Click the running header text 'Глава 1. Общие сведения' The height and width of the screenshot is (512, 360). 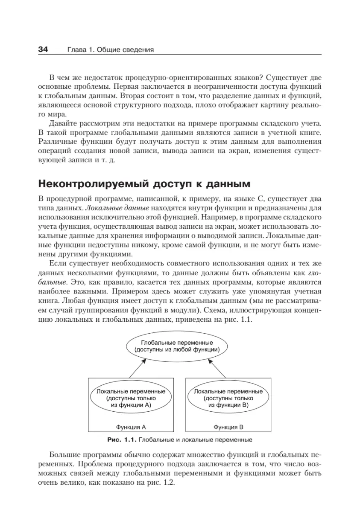tap(110, 50)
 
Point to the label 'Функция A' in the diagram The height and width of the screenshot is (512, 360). tap(131, 426)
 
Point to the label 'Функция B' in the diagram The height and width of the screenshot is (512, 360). tap(228, 426)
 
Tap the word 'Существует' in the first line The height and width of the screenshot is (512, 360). tap(291, 77)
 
